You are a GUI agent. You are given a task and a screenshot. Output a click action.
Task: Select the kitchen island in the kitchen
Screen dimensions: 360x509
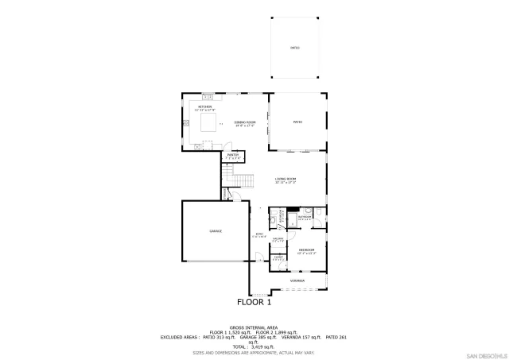tap(209, 122)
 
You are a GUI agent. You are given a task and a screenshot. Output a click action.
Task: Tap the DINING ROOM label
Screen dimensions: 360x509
tap(245, 122)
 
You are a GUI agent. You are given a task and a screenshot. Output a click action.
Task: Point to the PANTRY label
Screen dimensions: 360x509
tap(232, 156)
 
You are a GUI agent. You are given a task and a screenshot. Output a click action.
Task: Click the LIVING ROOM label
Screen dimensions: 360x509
tap(286, 180)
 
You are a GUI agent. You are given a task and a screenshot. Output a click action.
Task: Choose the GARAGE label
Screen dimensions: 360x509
tap(216, 230)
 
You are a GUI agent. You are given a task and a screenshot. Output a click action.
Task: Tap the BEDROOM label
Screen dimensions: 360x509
tap(307, 251)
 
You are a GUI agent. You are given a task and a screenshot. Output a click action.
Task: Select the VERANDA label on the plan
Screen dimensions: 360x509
tap(297, 281)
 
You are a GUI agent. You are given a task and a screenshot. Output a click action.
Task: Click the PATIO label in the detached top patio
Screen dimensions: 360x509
tap(294, 48)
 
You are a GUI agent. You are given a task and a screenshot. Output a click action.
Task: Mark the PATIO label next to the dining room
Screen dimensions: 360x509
tap(298, 122)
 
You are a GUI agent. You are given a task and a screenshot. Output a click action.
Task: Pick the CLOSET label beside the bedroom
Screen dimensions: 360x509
tap(278, 258)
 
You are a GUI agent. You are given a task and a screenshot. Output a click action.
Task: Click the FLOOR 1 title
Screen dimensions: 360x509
tap(254, 302)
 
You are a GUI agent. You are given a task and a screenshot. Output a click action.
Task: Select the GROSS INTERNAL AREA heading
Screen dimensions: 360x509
tap(254, 327)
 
